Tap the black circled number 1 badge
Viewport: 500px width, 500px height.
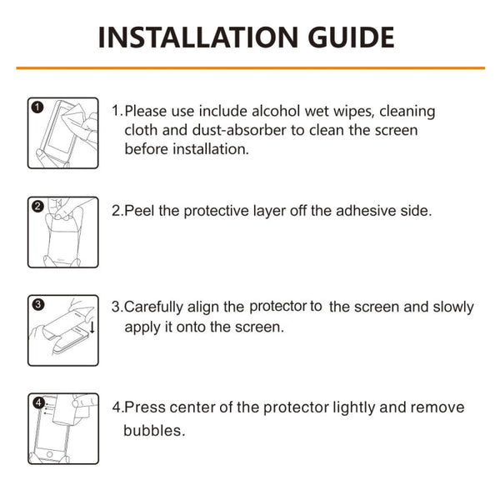pyautogui.click(x=37, y=107)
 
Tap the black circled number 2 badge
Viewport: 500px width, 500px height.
pyautogui.click(x=37, y=206)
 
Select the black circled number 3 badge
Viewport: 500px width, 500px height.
pyautogui.click(x=37, y=304)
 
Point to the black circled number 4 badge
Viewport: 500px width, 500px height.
pyautogui.click(x=37, y=402)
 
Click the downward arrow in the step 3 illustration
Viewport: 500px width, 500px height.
pyautogui.click(x=92, y=327)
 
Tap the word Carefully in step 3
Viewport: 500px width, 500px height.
pyautogui.click(x=155, y=307)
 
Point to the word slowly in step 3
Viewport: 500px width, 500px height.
pyautogui.click(x=450, y=307)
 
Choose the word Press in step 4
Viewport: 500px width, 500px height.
pyautogui.click(x=144, y=407)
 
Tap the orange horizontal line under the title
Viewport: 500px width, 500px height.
pyautogui.click(x=250, y=67)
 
